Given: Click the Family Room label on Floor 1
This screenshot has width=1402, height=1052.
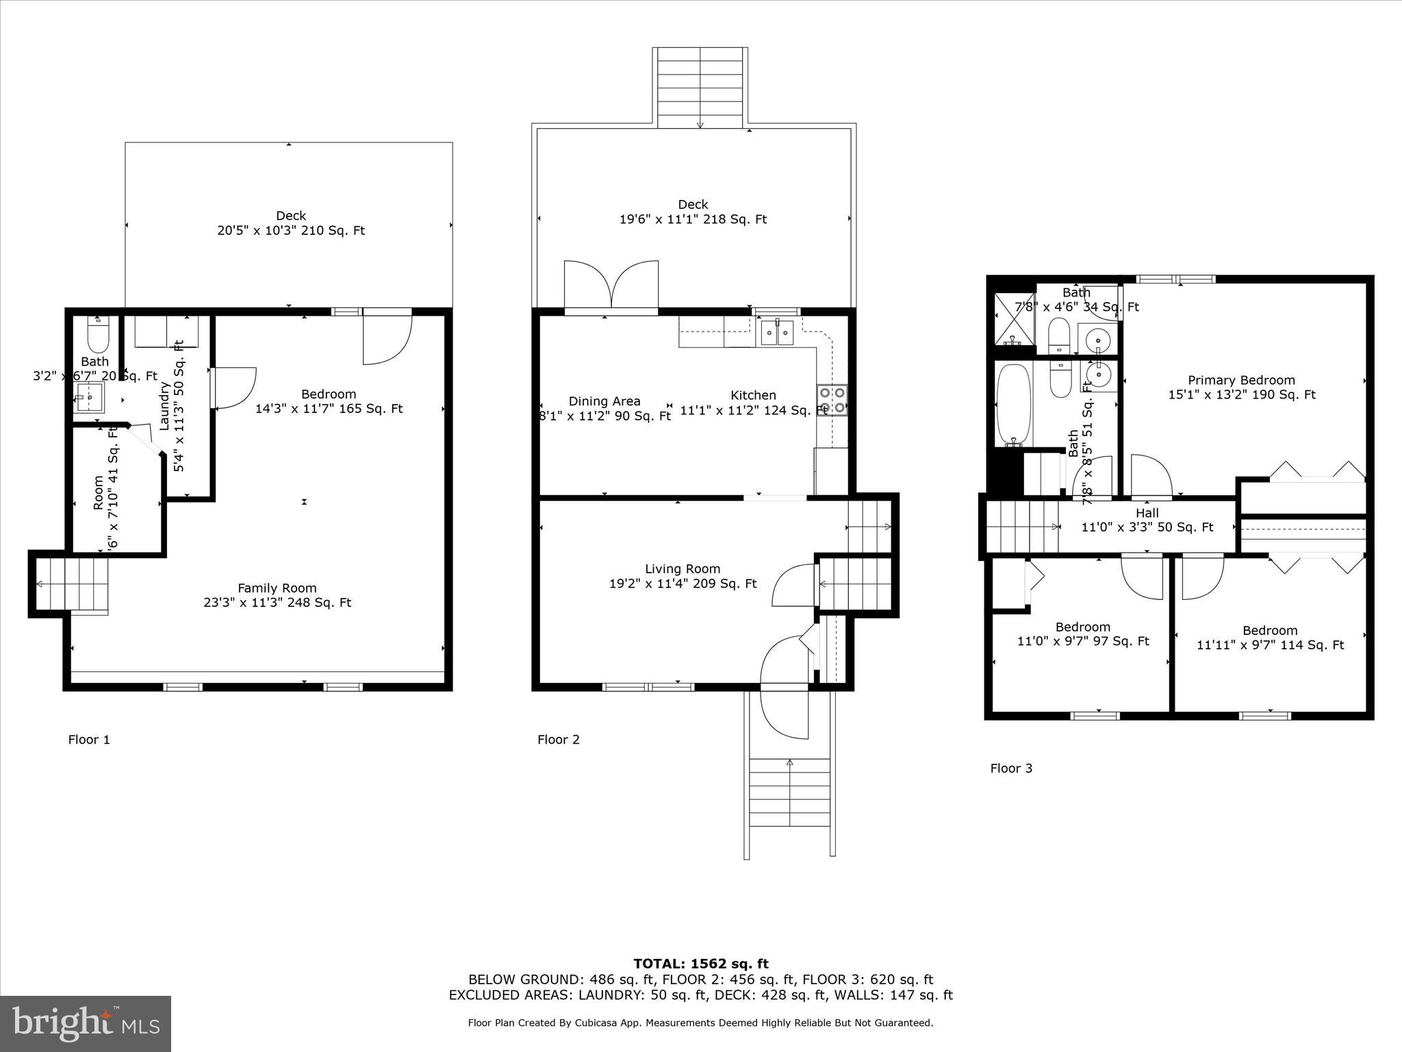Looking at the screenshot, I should click(277, 588).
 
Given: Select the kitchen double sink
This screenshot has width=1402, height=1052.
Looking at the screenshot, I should click(777, 334).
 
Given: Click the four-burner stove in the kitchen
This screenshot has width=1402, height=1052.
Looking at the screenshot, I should click(832, 401).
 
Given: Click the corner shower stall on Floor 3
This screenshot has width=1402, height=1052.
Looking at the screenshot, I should click(1012, 319).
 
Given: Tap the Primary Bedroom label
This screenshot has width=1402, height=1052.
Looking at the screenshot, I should click(1240, 381).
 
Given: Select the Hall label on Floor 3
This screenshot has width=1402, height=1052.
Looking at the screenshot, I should click(1147, 513).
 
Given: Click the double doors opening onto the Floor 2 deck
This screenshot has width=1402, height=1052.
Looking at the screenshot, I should click(611, 286).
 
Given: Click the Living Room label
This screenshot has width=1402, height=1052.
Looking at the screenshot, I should click(682, 569).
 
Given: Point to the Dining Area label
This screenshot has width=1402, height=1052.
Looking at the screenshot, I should click(604, 401).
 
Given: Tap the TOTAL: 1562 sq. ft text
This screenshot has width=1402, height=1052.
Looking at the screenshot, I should click(700, 964).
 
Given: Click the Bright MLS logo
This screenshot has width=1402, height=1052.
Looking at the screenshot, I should click(86, 1024).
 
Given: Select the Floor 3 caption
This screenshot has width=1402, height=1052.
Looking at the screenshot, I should click(1010, 768).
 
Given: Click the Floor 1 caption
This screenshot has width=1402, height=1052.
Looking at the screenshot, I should click(88, 740).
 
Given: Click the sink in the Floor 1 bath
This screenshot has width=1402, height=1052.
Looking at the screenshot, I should click(89, 397).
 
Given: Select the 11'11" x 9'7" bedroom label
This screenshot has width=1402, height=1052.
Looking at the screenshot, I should click(1270, 645).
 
